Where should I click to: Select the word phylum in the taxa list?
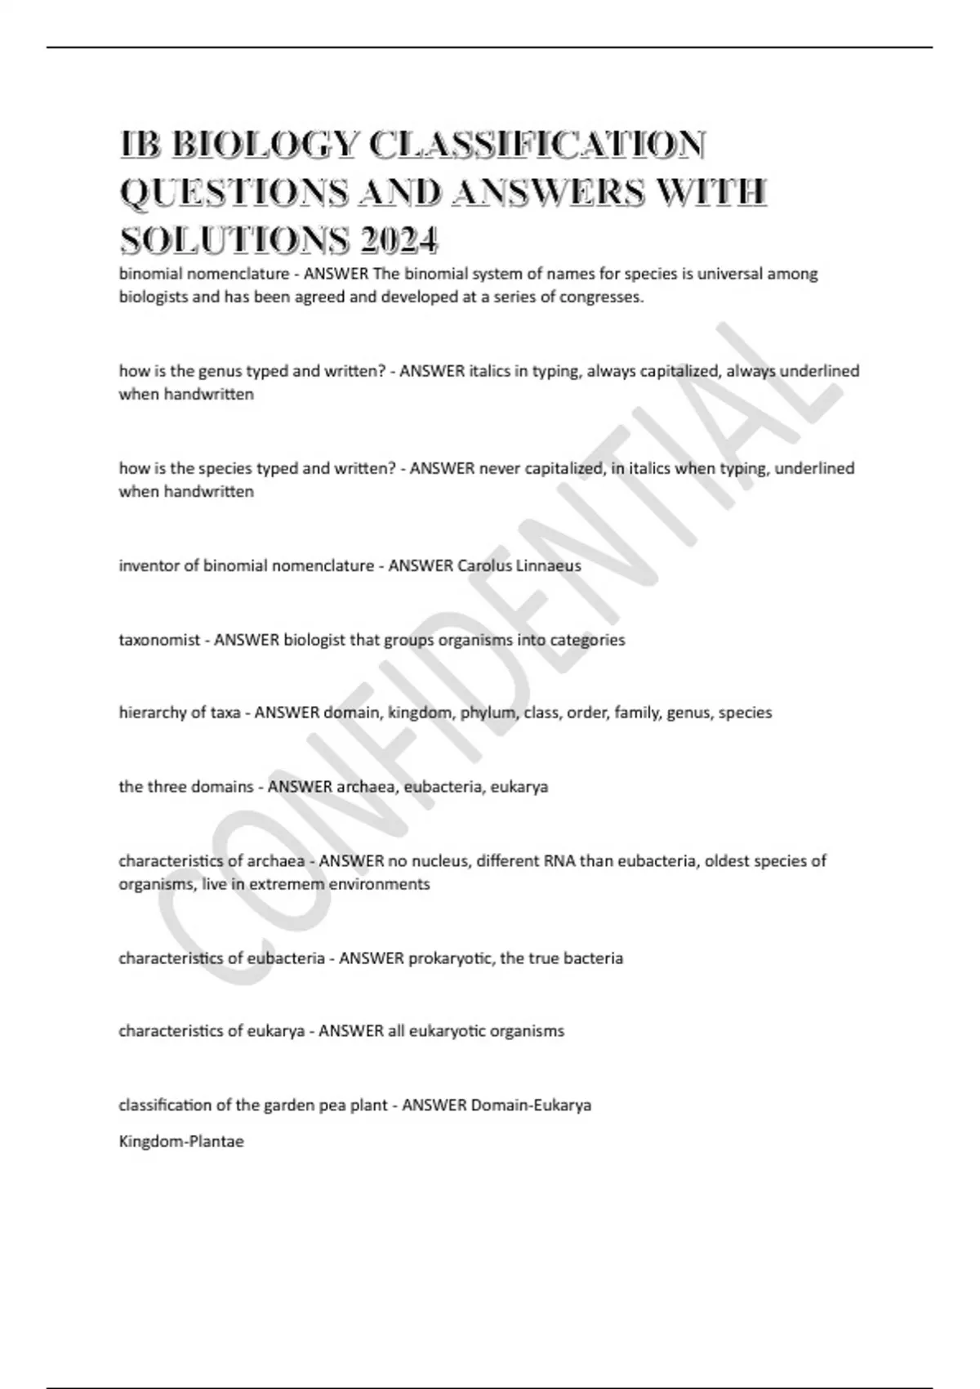coord(488,712)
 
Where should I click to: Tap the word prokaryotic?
coord(451,958)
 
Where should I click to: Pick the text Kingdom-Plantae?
coord(181,1141)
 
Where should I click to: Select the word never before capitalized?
coord(499,468)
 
